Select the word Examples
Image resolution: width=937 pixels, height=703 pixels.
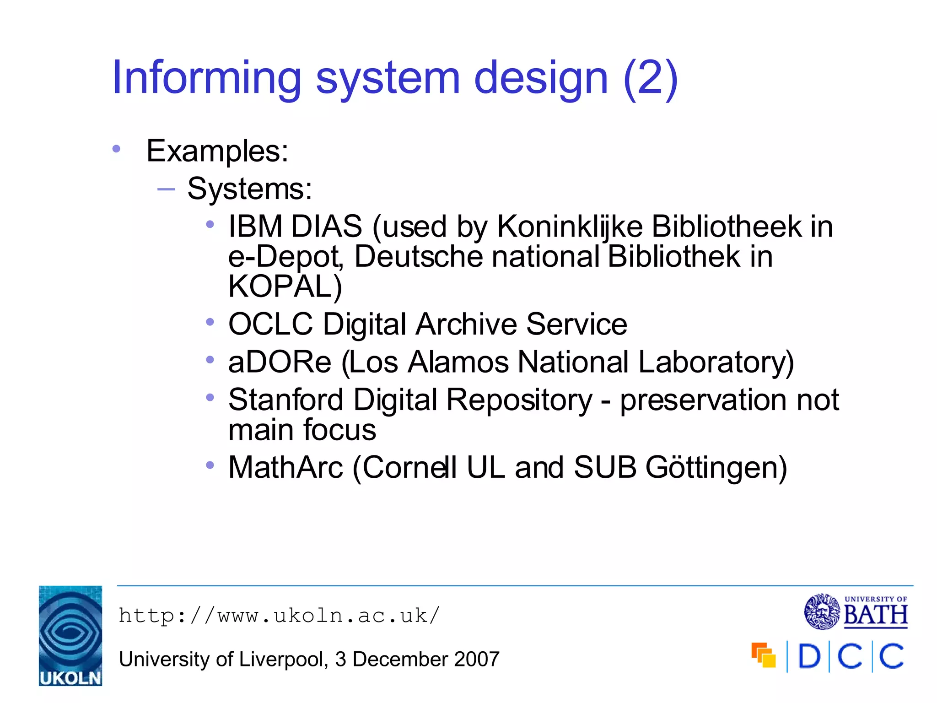[x=217, y=151]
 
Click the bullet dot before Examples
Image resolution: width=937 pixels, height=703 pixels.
[x=116, y=149]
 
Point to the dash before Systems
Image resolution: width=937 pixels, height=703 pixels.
[x=166, y=189]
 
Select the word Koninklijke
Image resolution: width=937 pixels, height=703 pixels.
[x=570, y=227]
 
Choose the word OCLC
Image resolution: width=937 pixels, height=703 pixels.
[x=270, y=324]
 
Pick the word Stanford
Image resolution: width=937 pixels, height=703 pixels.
[x=286, y=400]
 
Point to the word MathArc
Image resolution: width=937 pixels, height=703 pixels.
[x=285, y=468]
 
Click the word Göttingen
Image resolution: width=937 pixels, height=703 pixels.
[x=716, y=468]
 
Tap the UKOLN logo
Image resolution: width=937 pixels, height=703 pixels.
[x=70, y=635]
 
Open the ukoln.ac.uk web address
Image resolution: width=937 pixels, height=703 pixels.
[x=279, y=616]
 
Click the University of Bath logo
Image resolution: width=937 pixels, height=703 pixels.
[x=856, y=611]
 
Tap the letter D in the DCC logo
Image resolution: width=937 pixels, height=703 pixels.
[x=809, y=656]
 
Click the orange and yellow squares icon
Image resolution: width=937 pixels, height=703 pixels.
[x=764, y=655]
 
